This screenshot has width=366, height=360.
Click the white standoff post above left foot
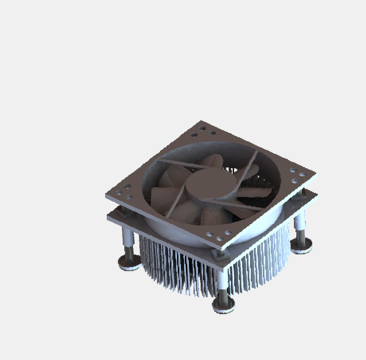click(x=128, y=236)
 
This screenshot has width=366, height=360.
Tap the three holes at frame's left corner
click(x=124, y=191)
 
